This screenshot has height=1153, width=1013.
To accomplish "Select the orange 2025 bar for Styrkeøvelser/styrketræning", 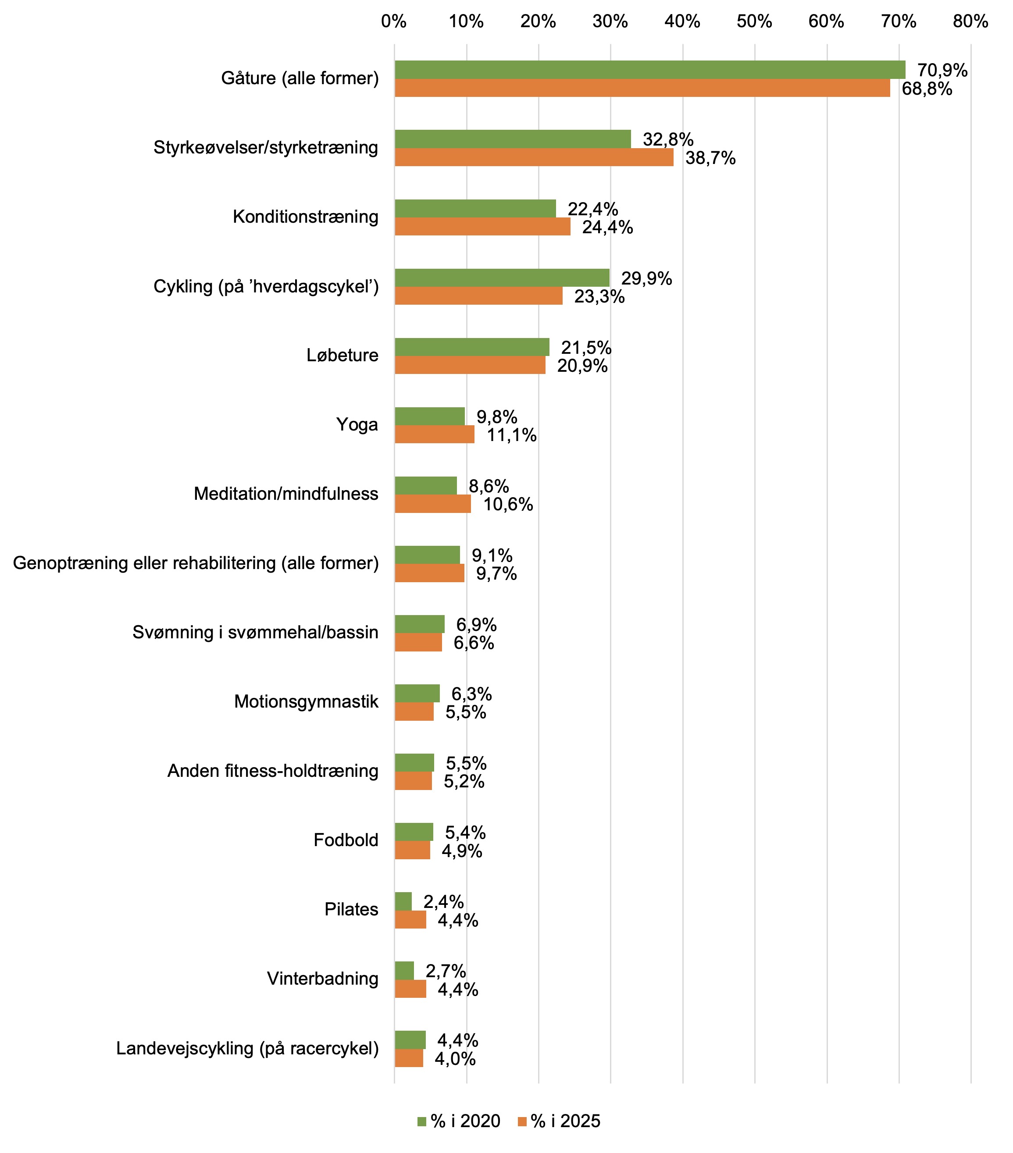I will click(x=534, y=157).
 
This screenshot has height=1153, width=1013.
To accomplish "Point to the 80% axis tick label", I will click(x=970, y=21).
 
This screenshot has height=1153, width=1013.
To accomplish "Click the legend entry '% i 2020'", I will click(x=458, y=1121).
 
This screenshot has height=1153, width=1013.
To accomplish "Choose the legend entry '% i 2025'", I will click(x=559, y=1121).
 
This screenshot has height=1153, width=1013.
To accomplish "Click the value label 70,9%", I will click(x=942, y=71).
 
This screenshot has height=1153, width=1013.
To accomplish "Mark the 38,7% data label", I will click(x=710, y=159).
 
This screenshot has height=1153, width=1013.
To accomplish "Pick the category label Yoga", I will click(x=357, y=424).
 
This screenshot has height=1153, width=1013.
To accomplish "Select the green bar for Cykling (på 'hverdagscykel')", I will click(x=502, y=278).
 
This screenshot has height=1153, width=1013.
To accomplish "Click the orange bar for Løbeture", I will click(x=470, y=365).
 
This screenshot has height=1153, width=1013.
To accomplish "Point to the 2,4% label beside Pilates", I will click(x=444, y=902).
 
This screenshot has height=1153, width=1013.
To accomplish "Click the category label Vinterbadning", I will click(x=322, y=978).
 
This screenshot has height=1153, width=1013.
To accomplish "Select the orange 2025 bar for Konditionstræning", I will click(x=482, y=227).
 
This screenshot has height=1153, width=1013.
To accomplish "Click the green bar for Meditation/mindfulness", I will click(x=425, y=486).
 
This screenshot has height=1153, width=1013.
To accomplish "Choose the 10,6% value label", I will click(x=508, y=504).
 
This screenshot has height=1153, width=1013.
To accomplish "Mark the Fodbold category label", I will click(x=346, y=840).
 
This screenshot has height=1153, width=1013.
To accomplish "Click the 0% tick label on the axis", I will click(x=393, y=21).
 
